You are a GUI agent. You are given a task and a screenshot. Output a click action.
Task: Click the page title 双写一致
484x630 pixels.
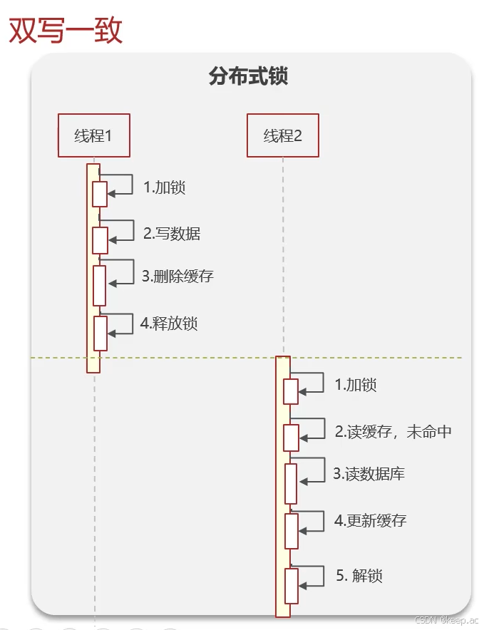[x=66, y=31]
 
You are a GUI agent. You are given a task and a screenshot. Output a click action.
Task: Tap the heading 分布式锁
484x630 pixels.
[x=248, y=76]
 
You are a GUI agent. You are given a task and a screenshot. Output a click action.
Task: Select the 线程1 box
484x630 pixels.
[x=94, y=135]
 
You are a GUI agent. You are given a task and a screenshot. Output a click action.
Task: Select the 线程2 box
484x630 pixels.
[x=283, y=135]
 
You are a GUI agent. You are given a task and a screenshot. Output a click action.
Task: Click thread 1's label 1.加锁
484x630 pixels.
[x=164, y=187]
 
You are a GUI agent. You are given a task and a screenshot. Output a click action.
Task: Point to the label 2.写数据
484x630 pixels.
[x=172, y=233]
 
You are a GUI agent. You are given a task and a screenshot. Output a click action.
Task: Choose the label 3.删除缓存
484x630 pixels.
[x=177, y=277]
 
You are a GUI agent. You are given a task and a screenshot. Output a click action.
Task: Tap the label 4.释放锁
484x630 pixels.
[x=169, y=323]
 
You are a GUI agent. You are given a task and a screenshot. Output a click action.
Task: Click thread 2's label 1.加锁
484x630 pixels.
[x=355, y=385]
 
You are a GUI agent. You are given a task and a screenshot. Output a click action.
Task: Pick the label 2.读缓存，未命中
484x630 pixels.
[x=393, y=431]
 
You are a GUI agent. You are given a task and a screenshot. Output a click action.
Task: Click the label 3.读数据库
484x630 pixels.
[x=369, y=474]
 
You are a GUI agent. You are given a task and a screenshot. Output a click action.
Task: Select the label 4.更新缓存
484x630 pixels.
[x=370, y=520]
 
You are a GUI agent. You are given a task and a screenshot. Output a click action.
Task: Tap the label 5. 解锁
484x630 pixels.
[x=359, y=575]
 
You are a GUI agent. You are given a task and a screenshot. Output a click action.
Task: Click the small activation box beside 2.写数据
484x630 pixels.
[x=100, y=240]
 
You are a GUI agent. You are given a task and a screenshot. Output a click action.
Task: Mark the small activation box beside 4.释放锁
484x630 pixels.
[x=100, y=334]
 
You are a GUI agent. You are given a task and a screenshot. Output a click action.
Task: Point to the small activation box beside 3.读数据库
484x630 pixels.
[x=291, y=484]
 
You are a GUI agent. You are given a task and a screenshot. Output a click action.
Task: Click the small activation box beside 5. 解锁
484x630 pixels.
[x=291, y=586]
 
